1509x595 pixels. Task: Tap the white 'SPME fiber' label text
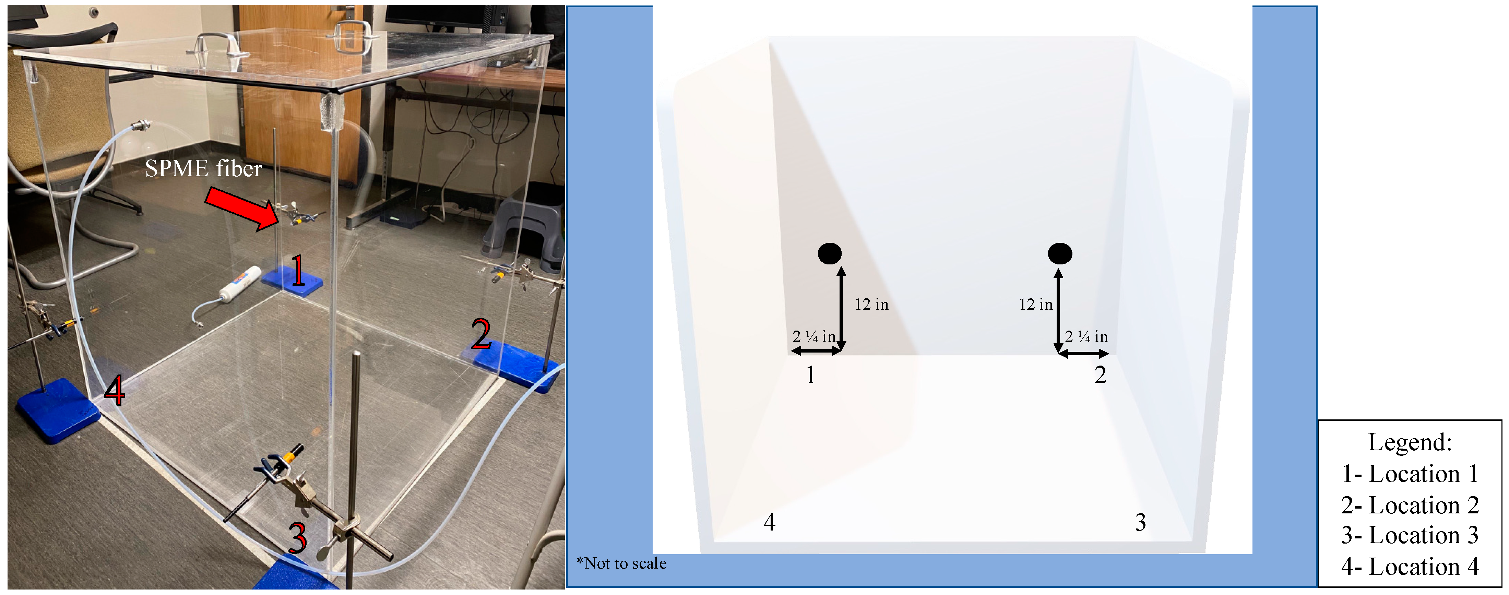point(203,169)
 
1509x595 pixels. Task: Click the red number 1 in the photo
point(298,271)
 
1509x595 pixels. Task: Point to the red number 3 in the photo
point(298,538)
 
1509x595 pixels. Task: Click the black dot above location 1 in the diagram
point(830,253)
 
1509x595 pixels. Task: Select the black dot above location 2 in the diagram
point(1060,253)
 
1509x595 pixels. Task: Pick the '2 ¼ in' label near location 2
point(1086,337)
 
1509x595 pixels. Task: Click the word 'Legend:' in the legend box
point(1410,442)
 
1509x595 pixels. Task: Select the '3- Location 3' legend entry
point(1410,535)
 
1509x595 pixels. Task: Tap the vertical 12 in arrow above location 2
point(1058,310)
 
